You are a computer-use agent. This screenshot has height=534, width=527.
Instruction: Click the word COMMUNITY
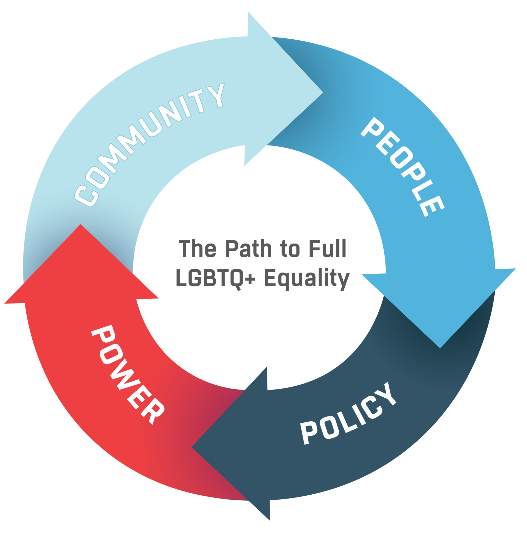(149, 144)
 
